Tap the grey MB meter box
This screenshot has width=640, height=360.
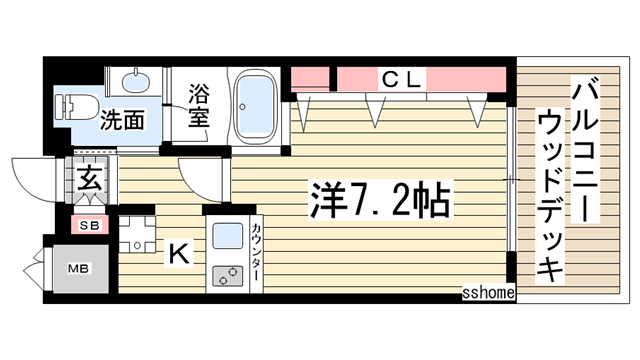click(x=76, y=268)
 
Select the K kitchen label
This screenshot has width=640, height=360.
click(x=177, y=254)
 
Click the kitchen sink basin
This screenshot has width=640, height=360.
click(x=227, y=236)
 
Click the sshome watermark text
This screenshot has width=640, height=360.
click(x=488, y=292)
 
